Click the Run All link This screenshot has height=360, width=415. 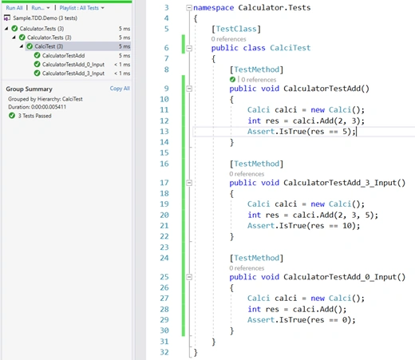coord(14,8)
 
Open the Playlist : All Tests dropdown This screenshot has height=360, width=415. coord(81,8)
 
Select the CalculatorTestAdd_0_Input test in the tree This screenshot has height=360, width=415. coord(73,65)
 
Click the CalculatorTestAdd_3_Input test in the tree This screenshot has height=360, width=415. coord(73,73)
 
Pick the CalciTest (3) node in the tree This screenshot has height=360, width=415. coord(49,46)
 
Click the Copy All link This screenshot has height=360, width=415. coord(120,89)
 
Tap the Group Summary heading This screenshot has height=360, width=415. coord(29,89)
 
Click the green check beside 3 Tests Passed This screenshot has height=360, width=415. coord(12,116)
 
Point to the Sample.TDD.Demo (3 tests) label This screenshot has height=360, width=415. coord(45,18)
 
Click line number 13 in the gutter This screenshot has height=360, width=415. coord(164,132)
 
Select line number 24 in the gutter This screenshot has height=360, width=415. coord(164,258)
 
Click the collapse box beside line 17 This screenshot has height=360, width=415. coord(189,183)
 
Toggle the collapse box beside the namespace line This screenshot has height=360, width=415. coord(189,8)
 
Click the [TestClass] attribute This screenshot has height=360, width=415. coord(236,29)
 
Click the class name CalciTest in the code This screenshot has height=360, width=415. coord(290,48)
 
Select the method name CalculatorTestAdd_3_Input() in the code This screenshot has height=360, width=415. coord(344,183)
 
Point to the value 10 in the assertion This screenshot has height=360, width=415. coord(347,226)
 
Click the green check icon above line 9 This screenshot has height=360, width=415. coord(232,79)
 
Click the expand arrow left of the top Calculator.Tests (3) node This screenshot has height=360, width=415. coord(6,28)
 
